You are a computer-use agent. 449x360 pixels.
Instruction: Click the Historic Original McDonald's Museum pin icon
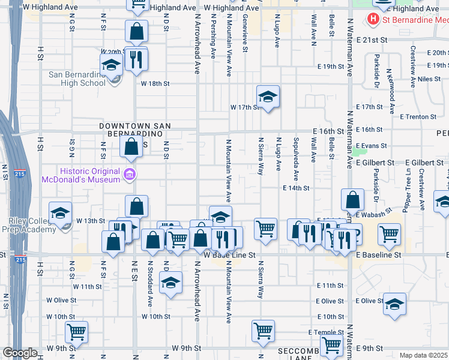pos(128,175)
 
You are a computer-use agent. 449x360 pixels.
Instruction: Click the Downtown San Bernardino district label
pos(135,130)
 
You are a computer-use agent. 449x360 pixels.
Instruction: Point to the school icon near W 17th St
pos(268,96)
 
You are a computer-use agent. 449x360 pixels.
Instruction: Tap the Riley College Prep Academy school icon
pos(60,213)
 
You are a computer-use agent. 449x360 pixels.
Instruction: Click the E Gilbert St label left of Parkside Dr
pos(375,163)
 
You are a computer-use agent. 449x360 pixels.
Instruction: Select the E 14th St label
pos(296,188)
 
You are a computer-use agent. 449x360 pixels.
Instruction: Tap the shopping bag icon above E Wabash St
pos(353,200)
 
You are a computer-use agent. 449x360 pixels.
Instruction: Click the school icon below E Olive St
pos(394,304)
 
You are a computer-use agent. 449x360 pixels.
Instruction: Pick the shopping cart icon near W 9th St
pos(76,331)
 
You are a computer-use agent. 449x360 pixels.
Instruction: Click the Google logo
pos(20,353)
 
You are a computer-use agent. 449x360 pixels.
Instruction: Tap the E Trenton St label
pos(417,116)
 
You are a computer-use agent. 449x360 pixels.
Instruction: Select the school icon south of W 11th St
pos(171,283)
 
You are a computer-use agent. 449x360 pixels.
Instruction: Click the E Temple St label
pos(324,332)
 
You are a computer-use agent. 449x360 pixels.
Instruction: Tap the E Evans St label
pos(371,146)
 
